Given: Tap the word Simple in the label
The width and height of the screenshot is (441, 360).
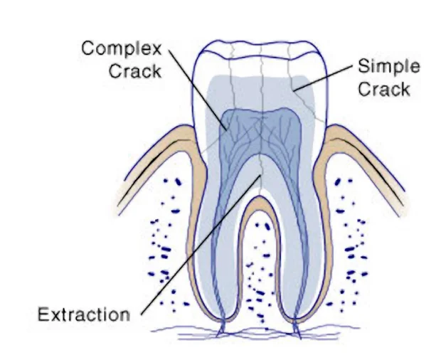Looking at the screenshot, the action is pyautogui.click(x=389, y=68).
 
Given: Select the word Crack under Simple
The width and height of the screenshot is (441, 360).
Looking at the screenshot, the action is pyautogui.click(x=385, y=90).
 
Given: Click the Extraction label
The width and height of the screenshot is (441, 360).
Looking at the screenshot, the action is pyautogui.click(x=83, y=314).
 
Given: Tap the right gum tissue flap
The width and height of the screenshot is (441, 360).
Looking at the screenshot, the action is pyautogui.click(x=363, y=157).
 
